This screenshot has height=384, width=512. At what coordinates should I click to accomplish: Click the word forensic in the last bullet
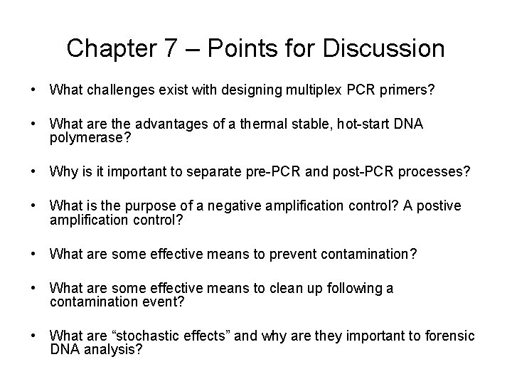(x=449, y=336)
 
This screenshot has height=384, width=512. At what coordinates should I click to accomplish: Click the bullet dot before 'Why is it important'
(x=33, y=172)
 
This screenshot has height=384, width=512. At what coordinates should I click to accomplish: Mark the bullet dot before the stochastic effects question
(x=33, y=336)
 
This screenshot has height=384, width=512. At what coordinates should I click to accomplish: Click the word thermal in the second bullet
(x=254, y=124)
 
